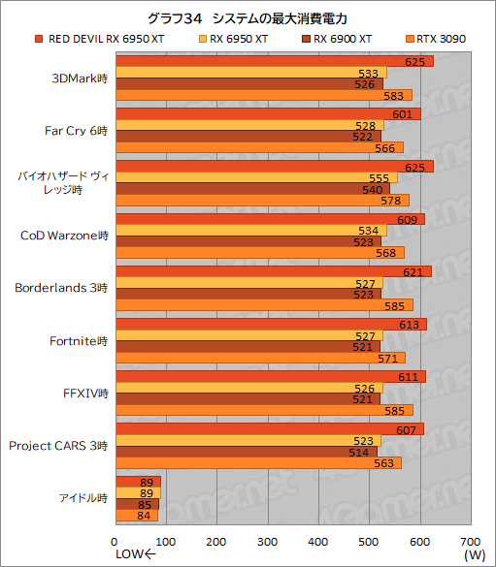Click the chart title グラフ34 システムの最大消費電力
[248, 17]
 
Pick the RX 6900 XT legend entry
[344, 39]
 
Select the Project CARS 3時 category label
[58, 445]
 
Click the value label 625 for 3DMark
[414, 61]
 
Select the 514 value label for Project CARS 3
[359, 452]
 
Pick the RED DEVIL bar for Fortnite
[271, 324]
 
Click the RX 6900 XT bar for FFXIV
[248, 398]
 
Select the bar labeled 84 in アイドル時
[137, 516]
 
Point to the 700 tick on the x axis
[470, 541]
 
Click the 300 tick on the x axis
[268, 541]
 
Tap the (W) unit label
[474, 554]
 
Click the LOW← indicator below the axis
[135, 554]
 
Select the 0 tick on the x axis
[116, 541]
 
